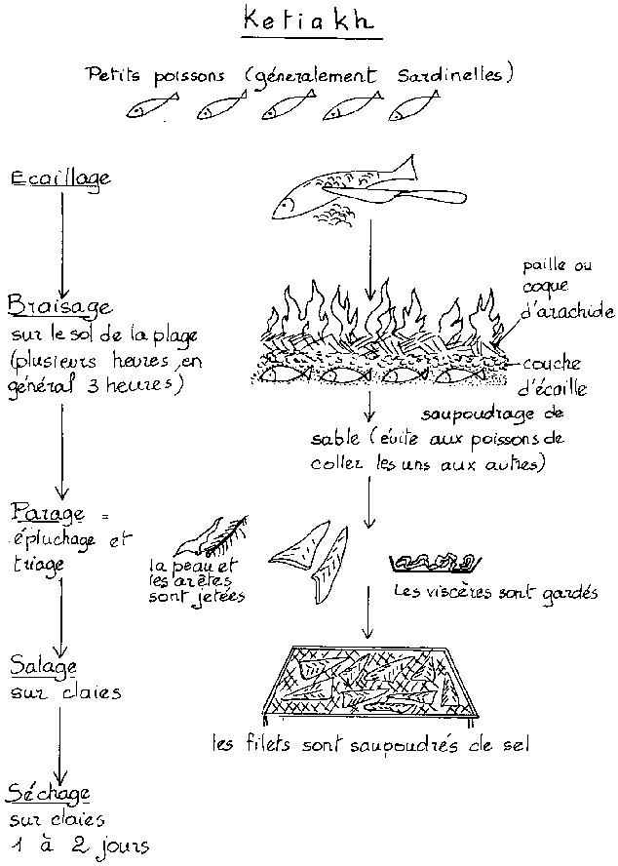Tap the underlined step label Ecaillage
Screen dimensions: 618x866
tap(60, 178)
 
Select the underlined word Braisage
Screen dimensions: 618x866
tap(59, 306)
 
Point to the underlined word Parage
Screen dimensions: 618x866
tap(49, 514)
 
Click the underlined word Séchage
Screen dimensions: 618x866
tap(49, 794)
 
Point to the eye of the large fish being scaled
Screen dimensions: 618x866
tap(285, 204)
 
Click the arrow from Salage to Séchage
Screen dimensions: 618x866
tap(60, 744)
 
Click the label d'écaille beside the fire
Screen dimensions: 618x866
tap(552, 388)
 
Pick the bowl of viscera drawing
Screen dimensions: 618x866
tap(435, 563)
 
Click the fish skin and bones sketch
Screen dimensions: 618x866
tap(211, 536)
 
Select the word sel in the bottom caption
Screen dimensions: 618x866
tap(516, 745)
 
